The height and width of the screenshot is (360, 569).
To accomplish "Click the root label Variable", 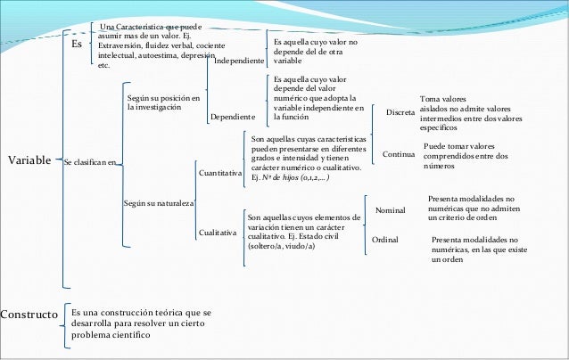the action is tap(29, 160).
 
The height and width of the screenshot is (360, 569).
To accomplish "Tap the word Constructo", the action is tap(29, 315).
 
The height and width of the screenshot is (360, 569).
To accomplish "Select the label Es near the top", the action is tap(77, 44).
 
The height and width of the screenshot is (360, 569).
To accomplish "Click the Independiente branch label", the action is tap(239, 61).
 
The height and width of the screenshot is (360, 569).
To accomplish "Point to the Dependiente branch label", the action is tap(233, 117).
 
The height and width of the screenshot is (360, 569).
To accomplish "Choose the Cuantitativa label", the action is tap(220, 173).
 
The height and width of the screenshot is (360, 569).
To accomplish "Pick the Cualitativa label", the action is tap(218, 233).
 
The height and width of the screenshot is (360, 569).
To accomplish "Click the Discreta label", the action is tap(400, 112).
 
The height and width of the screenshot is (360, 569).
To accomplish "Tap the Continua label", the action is tap(399, 154).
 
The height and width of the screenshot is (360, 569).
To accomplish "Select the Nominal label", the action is tap(391, 210).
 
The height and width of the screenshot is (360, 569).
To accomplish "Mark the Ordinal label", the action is tap(385, 240).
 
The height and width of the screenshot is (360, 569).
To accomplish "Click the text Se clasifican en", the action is tap(90, 162).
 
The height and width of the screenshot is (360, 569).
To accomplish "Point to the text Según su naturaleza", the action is tap(159, 203).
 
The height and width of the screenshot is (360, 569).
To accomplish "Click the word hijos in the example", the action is tap(291, 177).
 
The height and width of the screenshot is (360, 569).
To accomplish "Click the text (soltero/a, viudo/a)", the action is tap(281, 247).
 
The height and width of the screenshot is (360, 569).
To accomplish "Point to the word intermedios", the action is tap(438, 119).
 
